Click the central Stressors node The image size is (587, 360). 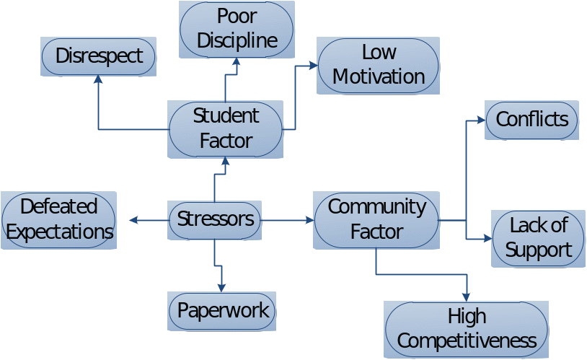point(215,220)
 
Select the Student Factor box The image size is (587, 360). point(226,129)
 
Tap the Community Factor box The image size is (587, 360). point(376,220)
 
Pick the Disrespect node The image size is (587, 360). point(99,57)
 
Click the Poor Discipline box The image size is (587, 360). point(237,30)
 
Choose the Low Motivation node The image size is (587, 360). point(378,66)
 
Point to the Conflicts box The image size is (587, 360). point(532,120)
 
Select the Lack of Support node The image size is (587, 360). point(538,238)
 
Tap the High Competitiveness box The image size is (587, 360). point(467,329)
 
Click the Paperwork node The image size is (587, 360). point(222,312)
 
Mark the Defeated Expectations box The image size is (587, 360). point(59,220)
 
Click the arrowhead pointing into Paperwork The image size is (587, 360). point(221,287)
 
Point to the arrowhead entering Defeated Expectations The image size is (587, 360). point(133,220)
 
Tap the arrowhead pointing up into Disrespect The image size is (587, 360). point(98,79)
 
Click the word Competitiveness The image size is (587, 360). point(467,341)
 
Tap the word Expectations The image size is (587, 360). point(60,232)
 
